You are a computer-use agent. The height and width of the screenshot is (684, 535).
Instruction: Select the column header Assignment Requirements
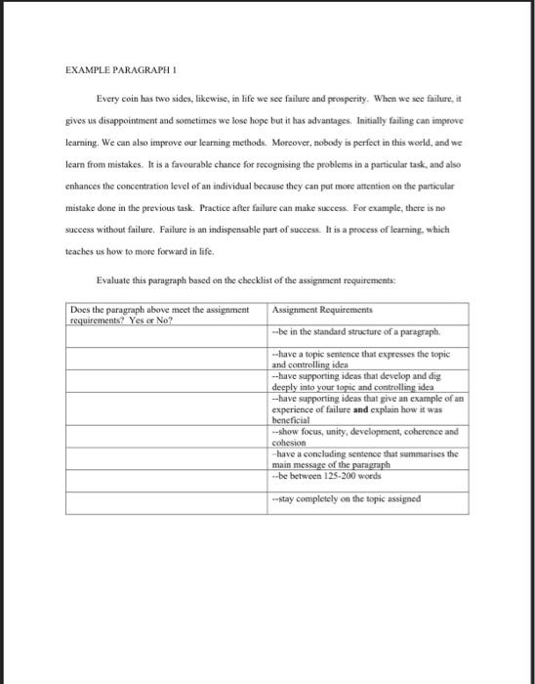[314, 307]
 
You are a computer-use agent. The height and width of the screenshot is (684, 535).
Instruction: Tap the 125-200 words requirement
[327, 476]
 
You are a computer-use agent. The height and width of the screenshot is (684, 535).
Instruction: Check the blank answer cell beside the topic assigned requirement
[167, 500]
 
